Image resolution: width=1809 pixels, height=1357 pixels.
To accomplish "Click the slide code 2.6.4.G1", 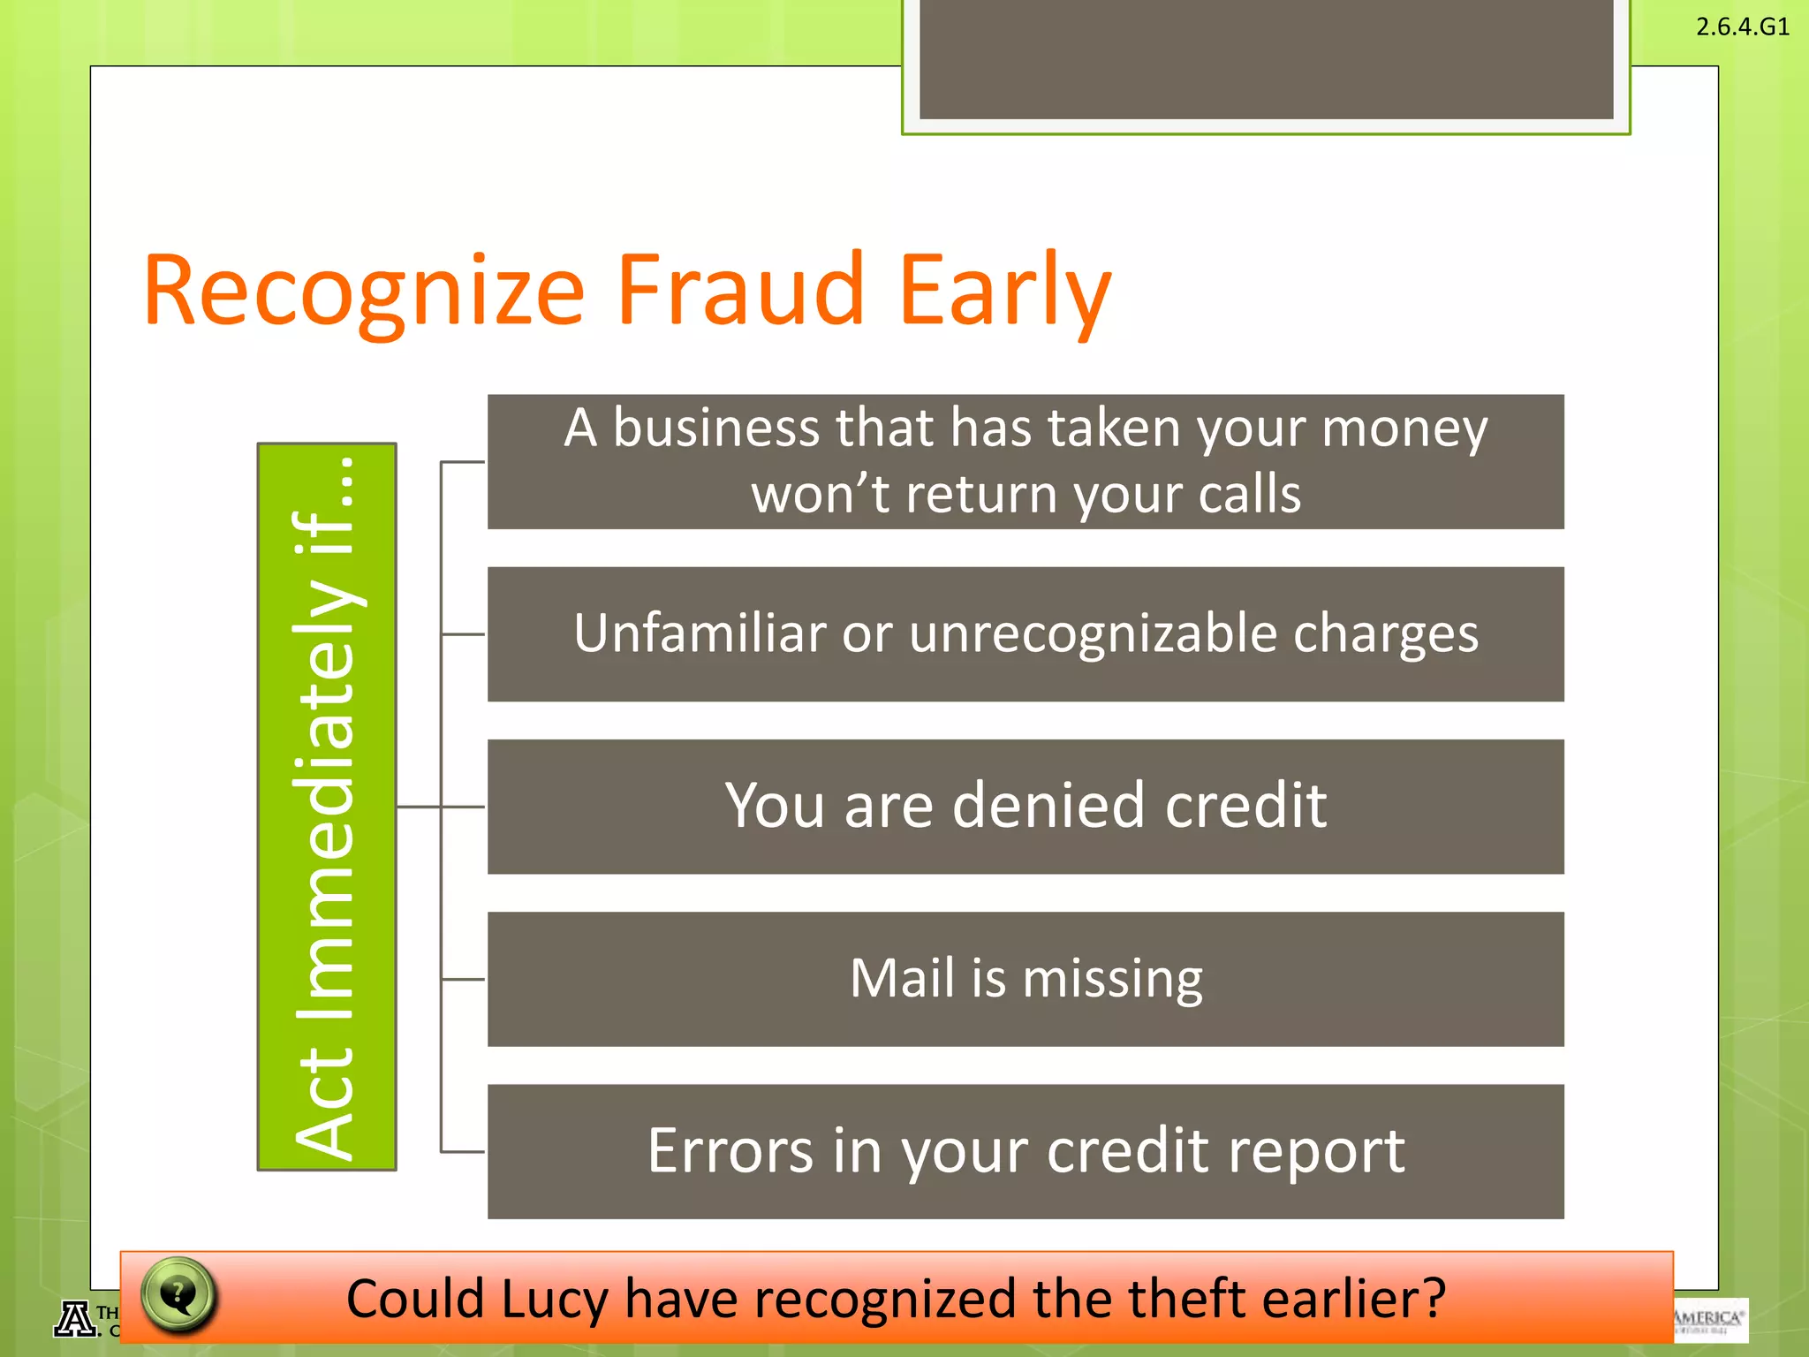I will click(x=1742, y=27).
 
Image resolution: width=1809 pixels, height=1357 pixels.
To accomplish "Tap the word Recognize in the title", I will click(x=364, y=292).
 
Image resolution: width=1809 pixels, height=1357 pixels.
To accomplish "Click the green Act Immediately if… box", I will click(x=327, y=806).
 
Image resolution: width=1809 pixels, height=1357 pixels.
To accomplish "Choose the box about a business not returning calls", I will click(x=1025, y=461).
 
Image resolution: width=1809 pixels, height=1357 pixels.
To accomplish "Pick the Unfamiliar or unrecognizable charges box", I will click(x=1025, y=633).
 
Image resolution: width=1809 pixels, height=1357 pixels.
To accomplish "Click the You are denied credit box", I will click(x=1025, y=806).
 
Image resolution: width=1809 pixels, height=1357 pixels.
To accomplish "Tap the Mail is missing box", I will click(x=1025, y=979).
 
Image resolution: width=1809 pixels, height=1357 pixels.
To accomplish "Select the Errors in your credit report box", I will click(x=1025, y=1151).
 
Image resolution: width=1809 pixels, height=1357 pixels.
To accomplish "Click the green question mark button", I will click(x=178, y=1295).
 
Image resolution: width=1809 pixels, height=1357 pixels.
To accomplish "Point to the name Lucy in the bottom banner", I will click(x=555, y=1299).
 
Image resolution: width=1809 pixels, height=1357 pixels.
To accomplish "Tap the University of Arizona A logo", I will click(x=76, y=1320).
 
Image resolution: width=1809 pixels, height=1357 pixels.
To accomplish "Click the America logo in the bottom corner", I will click(x=1710, y=1320).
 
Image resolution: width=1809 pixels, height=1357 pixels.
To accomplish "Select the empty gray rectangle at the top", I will click(x=1266, y=58).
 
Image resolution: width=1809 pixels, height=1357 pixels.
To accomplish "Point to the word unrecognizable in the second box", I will click(x=1093, y=633).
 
